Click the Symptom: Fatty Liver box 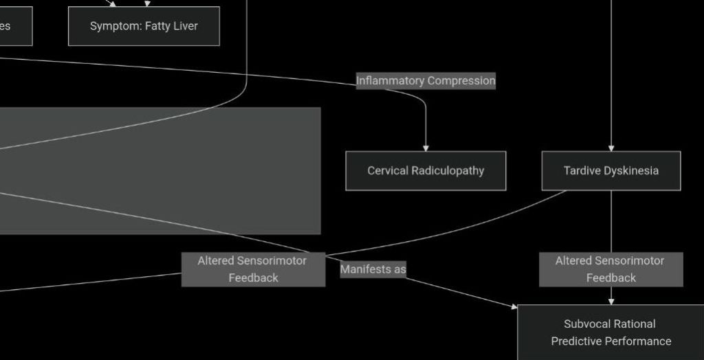click(x=144, y=26)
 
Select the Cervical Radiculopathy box click(x=426, y=170)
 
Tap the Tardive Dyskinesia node click(x=611, y=170)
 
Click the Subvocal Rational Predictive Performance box click(x=610, y=333)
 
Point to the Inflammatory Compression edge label click(x=426, y=80)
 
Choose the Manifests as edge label click(x=373, y=269)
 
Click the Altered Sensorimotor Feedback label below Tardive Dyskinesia click(x=610, y=269)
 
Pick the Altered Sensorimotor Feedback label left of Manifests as click(x=253, y=269)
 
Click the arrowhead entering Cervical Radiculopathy click(x=426, y=148)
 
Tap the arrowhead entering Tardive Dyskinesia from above click(x=611, y=148)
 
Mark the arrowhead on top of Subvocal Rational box click(x=611, y=301)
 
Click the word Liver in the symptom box click(x=185, y=26)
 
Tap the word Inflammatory click(x=390, y=80)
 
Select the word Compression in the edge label click(x=461, y=80)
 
